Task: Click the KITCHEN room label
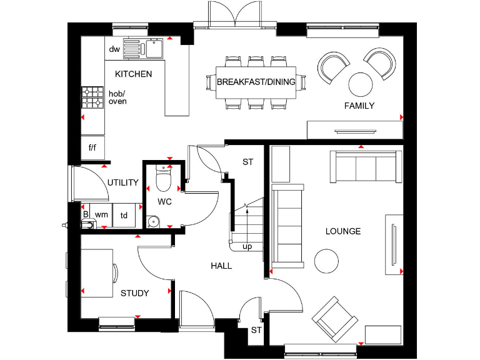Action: coord(133,74)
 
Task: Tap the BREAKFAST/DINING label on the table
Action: coord(256,82)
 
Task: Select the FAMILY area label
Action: coord(359,106)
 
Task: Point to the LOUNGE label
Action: coord(343,231)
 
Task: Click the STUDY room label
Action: coord(134,293)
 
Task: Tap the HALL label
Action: coord(221,266)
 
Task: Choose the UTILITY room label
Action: coord(122,182)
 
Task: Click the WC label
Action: coord(164,202)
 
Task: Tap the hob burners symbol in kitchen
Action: coord(92,96)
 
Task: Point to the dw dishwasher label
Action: coord(114,49)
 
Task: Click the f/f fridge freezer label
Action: coord(92,148)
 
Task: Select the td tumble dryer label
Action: coord(124,216)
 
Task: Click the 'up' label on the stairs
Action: coord(247,246)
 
